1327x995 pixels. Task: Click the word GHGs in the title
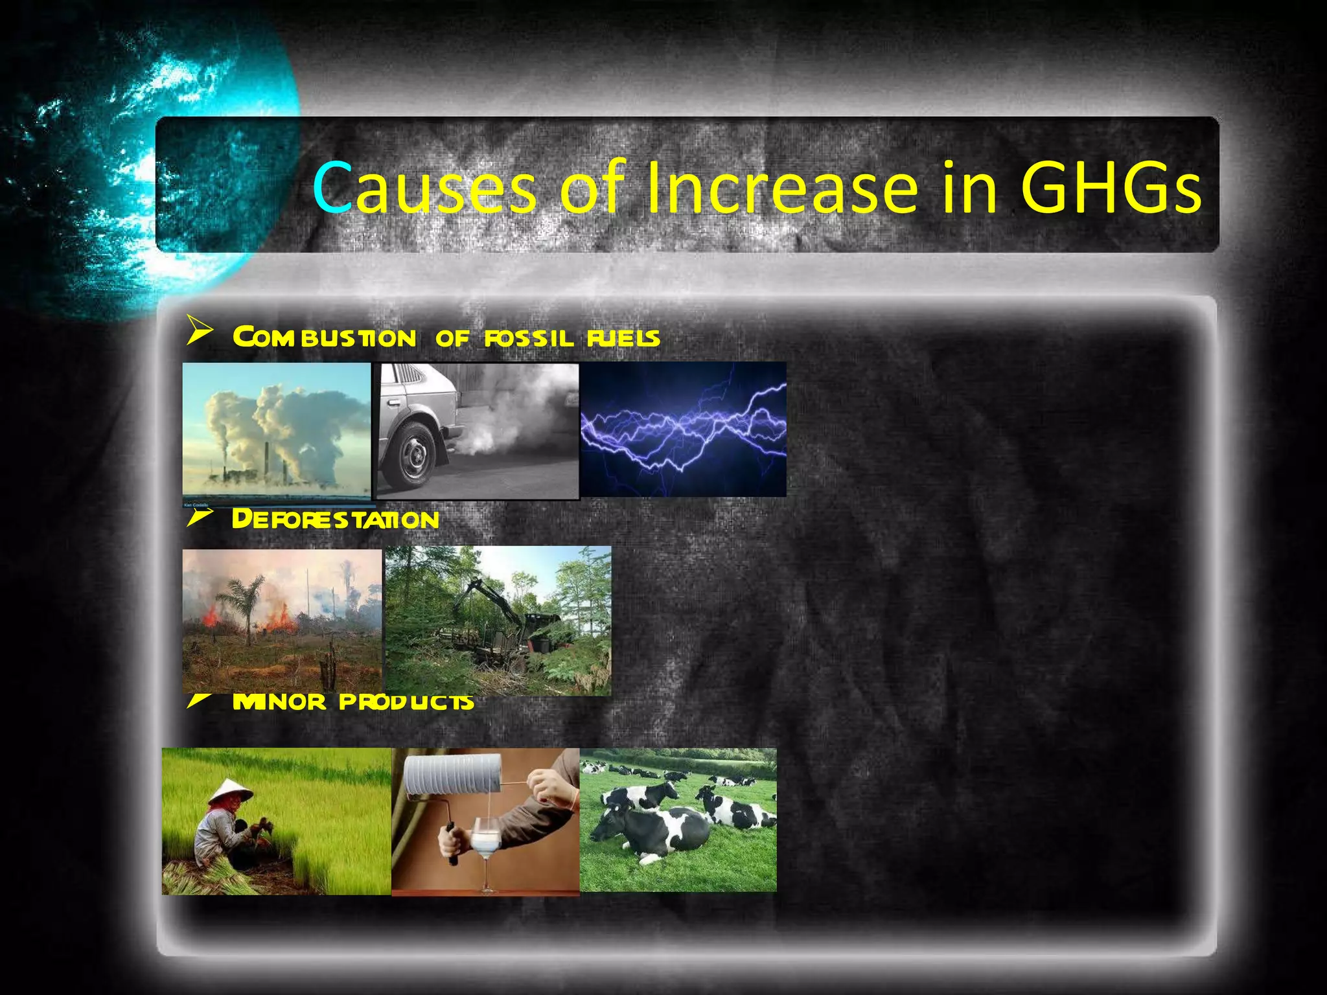click(1111, 188)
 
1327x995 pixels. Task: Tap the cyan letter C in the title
click(332, 188)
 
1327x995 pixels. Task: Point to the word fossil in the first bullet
click(529, 337)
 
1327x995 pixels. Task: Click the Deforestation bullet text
click(335, 519)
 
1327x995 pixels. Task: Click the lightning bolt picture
click(683, 429)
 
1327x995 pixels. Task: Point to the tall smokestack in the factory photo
click(266, 460)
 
